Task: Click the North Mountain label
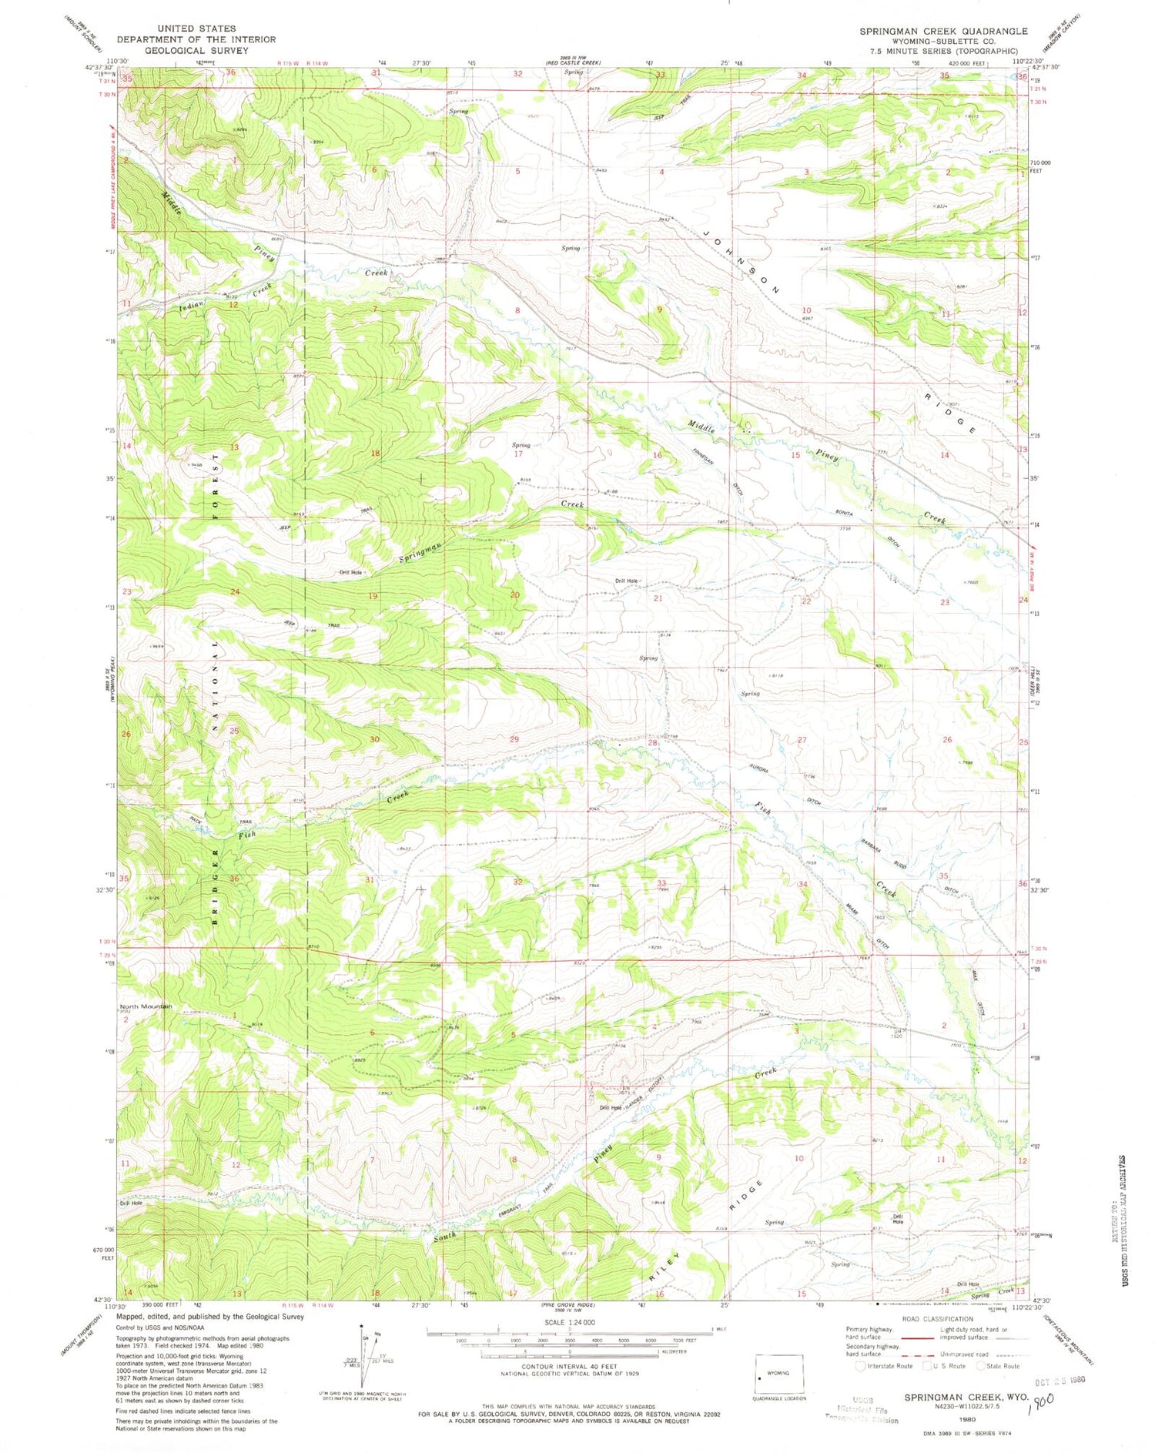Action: pyautogui.click(x=146, y=1006)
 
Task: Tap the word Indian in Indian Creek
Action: pyautogui.click(x=191, y=305)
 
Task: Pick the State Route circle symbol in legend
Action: pyautogui.click(x=981, y=1367)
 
